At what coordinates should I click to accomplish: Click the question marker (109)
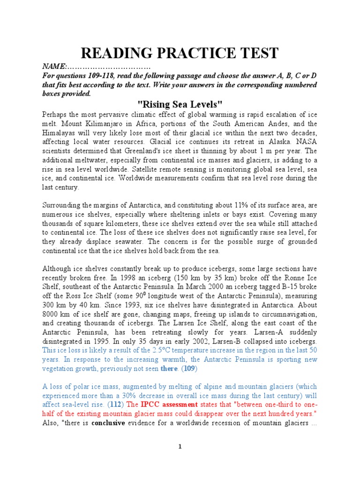coord(189,369)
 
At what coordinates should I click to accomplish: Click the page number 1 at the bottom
coord(180,459)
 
